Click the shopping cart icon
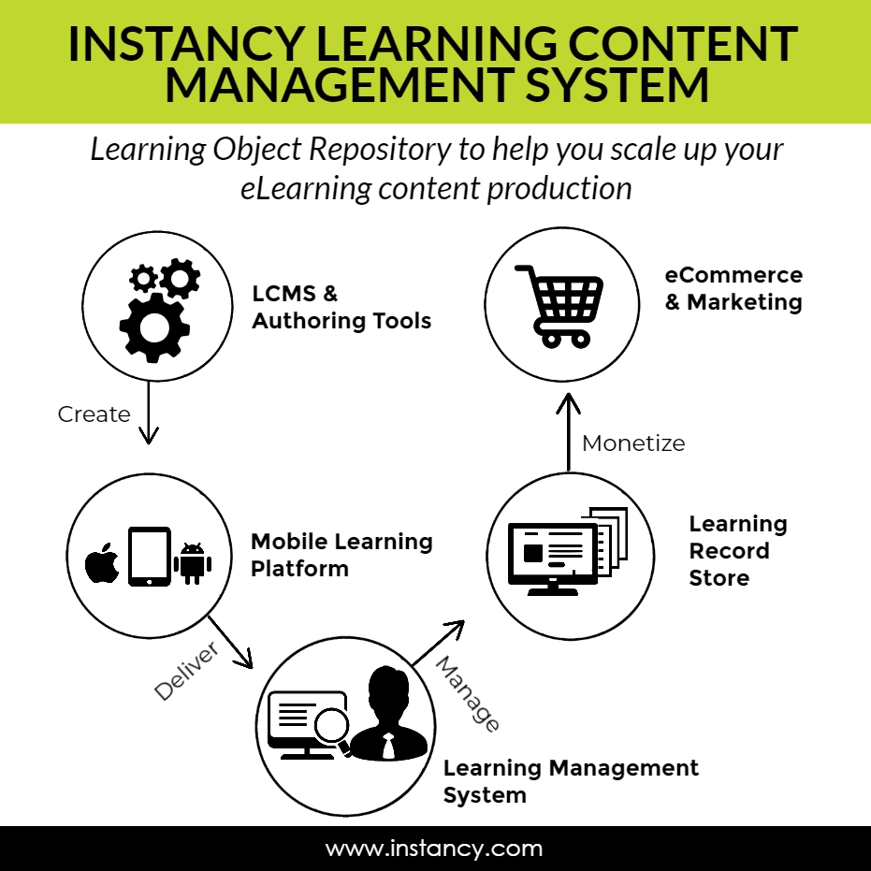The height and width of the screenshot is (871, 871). [x=559, y=304]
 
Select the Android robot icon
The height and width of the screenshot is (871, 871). [x=193, y=562]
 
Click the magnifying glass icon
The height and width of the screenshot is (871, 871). [x=331, y=726]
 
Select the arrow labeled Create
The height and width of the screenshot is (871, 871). [x=148, y=413]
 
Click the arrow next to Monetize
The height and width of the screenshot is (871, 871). [x=568, y=431]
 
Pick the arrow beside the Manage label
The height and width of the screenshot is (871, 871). [x=438, y=643]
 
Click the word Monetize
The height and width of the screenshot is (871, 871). [x=633, y=443]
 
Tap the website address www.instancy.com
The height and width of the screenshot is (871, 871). [x=434, y=849]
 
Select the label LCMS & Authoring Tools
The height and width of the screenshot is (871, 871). [x=341, y=307]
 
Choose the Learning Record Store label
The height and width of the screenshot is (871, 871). [x=737, y=550]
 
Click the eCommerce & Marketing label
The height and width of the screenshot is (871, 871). [x=733, y=288]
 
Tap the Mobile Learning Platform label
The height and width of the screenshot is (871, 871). [x=341, y=555]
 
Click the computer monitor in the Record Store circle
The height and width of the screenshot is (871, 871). [x=552, y=555]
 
